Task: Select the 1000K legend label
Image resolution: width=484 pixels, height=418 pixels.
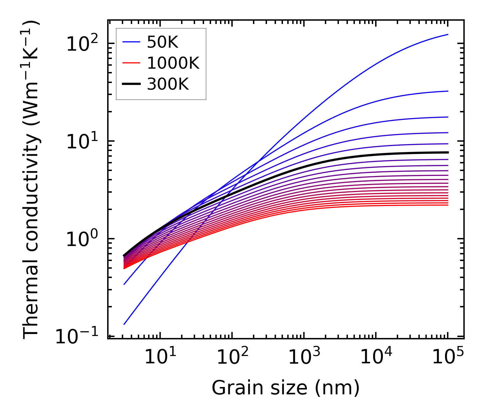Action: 173,63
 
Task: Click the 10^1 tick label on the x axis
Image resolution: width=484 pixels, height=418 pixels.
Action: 160,357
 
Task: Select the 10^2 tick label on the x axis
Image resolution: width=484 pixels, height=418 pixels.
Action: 232,357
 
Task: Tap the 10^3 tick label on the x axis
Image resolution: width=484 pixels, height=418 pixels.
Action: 304,357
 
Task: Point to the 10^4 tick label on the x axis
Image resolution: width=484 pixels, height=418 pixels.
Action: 376,357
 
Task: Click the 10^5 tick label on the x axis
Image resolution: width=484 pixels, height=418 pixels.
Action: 448,357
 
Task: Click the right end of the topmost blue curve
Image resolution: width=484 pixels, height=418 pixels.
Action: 448,34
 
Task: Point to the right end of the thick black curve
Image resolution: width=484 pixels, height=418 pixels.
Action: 448,152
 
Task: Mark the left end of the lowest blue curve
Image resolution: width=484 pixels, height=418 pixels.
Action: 124,324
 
